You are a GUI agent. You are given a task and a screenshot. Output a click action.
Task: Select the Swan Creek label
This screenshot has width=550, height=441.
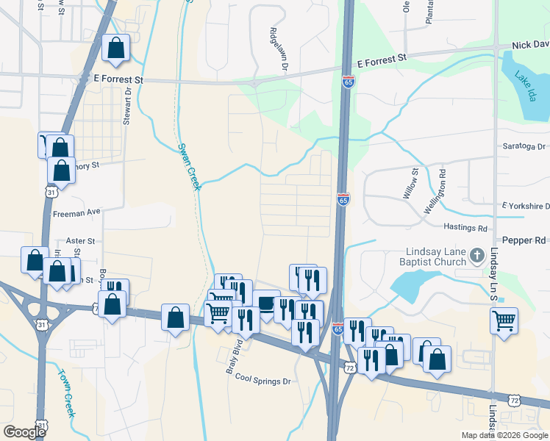click(x=188, y=166)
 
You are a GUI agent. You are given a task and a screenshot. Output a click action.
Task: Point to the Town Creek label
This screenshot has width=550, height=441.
click(x=65, y=392)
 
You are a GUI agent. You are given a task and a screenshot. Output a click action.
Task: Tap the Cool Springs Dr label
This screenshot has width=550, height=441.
click(x=263, y=381)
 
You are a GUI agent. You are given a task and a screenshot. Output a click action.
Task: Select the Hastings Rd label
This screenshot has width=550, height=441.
click(x=465, y=228)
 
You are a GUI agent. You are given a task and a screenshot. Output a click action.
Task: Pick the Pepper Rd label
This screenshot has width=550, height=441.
click(x=524, y=240)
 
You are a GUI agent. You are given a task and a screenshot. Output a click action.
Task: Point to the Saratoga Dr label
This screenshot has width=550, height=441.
click(x=526, y=146)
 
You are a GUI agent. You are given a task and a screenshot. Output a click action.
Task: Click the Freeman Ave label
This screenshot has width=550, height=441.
click(x=76, y=212)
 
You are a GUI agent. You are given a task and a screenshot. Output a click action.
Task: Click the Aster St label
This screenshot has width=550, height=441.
click(x=80, y=240)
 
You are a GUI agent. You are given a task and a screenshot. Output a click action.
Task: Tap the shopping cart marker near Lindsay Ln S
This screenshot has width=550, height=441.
click(x=504, y=320)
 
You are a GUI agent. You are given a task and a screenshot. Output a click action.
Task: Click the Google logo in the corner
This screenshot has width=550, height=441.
click(x=24, y=431)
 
